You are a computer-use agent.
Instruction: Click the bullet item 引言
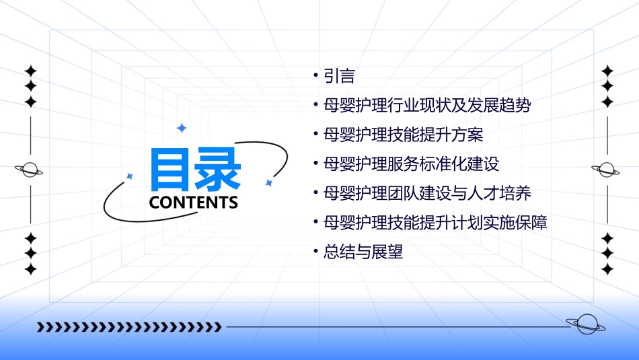339,76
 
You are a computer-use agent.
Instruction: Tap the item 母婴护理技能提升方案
403,135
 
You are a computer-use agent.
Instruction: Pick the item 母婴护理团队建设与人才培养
427,194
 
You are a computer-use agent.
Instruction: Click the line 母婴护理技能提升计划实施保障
435,223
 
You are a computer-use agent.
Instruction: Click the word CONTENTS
194,203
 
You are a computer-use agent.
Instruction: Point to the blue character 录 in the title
217,170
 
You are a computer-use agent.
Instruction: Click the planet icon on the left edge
30,170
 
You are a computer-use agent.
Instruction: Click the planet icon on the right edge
607,170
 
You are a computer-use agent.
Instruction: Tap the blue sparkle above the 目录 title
181,128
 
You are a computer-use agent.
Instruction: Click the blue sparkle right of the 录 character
268,182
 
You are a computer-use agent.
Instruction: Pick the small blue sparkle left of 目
130,176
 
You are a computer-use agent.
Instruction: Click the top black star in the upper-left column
30,71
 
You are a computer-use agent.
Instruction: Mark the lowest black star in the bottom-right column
607,269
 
